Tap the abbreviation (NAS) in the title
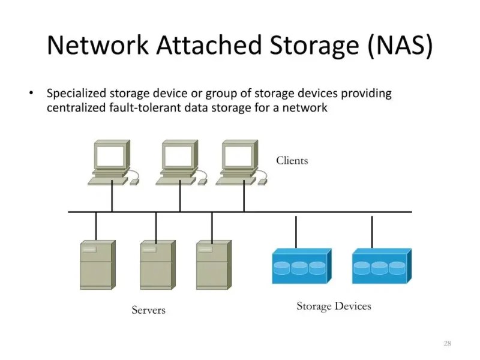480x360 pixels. click(398, 46)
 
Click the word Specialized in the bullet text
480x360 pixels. click(76, 94)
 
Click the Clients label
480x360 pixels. click(292, 160)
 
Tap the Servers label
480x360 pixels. click(148, 310)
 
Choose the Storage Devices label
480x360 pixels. click(334, 306)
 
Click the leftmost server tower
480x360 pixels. click(97, 265)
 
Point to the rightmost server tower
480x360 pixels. click(213, 265)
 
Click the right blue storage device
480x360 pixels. click(380, 266)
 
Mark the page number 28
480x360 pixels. click(447, 343)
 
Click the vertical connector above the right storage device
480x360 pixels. click(372, 232)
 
